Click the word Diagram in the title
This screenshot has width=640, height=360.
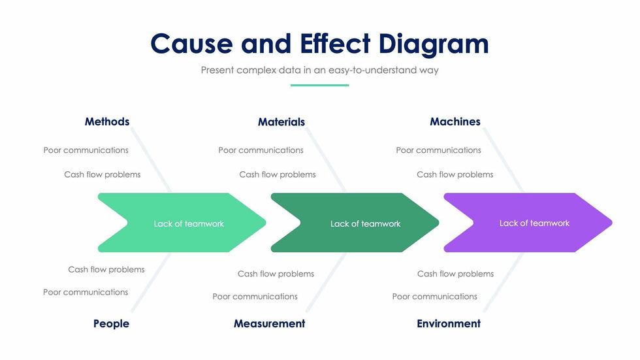(x=434, y=44)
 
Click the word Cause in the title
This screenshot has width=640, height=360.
(x=191, y=44)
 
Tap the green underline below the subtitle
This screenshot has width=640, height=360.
(x=319, y=85)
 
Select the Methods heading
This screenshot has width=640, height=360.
(x=107, y=122)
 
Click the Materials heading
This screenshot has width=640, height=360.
(x=281, y=122)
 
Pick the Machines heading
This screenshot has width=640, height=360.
(x=455, y=122)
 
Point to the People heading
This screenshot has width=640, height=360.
(x=111, y=323)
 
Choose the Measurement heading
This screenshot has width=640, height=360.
(x=269, y=323)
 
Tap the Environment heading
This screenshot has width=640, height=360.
(x=449, y=323)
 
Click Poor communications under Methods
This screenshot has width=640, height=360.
(x=86, y=150)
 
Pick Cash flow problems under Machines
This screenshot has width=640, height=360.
(x=455, y=174)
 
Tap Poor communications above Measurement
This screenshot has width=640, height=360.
(x=255, y=297)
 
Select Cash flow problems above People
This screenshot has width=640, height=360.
(x=106, y=269)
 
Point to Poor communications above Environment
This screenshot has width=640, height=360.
(x=434, y=297)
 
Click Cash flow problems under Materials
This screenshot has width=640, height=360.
(x=278, y=174)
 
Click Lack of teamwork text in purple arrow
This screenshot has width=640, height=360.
(x=534, y=223)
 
